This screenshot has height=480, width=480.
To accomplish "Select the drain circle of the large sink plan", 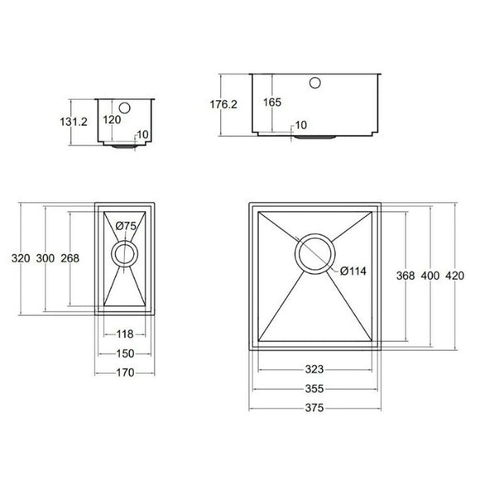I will click(315, 253).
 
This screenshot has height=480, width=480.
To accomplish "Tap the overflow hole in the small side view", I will click(125, 108).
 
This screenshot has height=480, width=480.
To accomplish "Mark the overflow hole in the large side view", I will click(315, 83).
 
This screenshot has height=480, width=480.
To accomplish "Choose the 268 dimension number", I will click(70, 258).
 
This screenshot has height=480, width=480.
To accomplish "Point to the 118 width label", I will click(124, 334).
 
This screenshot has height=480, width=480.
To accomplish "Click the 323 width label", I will click(314, 370).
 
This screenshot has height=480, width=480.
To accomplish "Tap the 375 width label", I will click(314, 407).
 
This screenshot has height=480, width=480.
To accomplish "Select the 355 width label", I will click(314, 388).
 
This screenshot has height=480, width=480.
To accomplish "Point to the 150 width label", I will click(124, 353).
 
